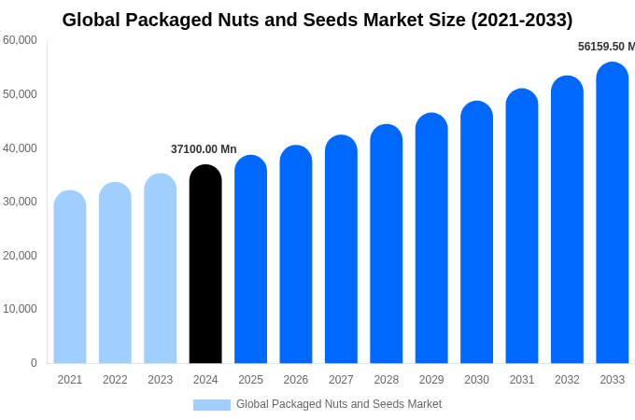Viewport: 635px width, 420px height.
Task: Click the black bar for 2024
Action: (x=205, y=266)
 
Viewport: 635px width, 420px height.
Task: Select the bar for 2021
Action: (x=70, y=278)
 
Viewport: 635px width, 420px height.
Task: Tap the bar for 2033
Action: (x=612, y=215)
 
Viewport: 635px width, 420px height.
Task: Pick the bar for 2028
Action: (x=386, y=245)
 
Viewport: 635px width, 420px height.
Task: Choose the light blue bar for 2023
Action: (x=160, y=270)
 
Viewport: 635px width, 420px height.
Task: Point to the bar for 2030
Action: (x=476, y=233)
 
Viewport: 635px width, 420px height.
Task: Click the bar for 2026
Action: (x=296, y=256)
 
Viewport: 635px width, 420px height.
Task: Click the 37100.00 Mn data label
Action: (x=204, y=149)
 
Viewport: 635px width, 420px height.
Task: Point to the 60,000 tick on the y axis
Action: (x=20, y=40)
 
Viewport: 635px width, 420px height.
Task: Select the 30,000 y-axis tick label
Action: (x=20, y=202)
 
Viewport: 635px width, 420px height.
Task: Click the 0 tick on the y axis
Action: (x=34, y=363)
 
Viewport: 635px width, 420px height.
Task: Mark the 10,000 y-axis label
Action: (x=20, y=309)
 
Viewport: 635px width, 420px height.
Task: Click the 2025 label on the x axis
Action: (x=250, y=380)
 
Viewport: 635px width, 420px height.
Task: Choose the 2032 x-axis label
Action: (x=567, y=380)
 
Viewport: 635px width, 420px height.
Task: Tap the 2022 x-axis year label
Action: (x=115, y=380)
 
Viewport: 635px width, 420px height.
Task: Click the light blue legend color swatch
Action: (x=211, y=405)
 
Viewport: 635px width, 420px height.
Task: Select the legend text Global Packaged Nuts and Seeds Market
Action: (x=339, y=404)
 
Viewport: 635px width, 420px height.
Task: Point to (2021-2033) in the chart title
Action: (x=521, y=20)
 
